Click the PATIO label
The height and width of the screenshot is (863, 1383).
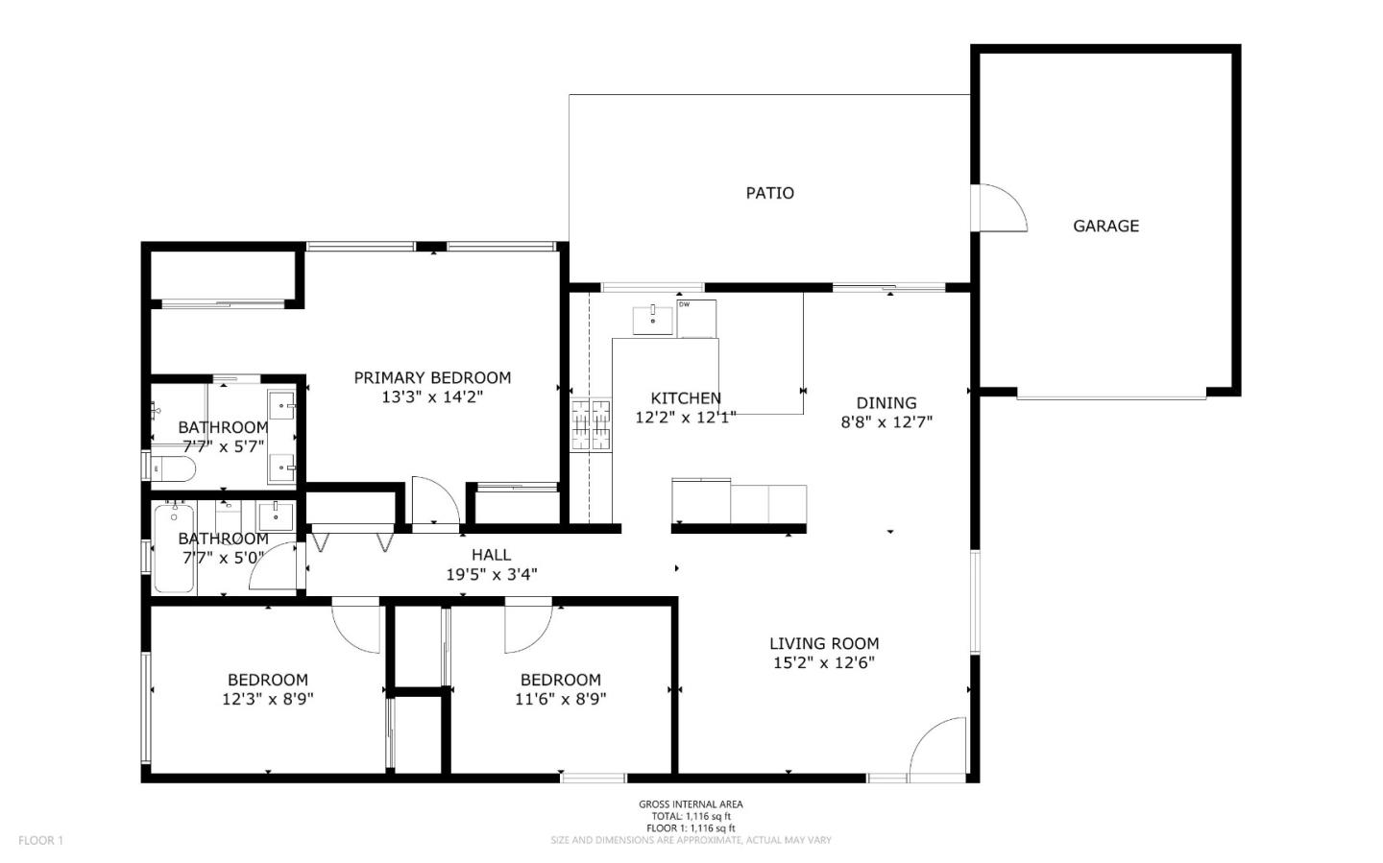click(769, 193)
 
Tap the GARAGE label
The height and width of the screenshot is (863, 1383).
click(1105, 226)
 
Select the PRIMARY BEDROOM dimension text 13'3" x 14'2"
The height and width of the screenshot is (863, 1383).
click(432, 396)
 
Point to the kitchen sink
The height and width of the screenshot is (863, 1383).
click(653, 319)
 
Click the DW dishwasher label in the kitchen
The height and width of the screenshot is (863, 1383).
click(685, 304)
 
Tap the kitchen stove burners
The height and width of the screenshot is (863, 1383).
click(591, 425)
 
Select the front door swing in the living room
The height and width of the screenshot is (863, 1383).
click(938, 747)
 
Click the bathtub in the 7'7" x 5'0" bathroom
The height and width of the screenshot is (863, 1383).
click(175, 548)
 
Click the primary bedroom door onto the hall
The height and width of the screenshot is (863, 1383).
click(435, 500)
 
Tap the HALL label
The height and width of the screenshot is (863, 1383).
click(491, 555)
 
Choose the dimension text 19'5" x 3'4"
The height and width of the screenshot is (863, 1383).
click(491, 575)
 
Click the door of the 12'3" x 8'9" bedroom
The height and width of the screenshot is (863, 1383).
click(355, 625)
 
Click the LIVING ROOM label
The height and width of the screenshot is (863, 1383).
click(823, 643)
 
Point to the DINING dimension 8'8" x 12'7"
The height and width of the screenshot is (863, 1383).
click(886, 421)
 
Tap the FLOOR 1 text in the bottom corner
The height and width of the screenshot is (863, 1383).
click(40, 840)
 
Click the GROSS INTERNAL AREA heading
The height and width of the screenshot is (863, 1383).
click(691, 804)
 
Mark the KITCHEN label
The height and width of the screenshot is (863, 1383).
click(686, 398)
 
